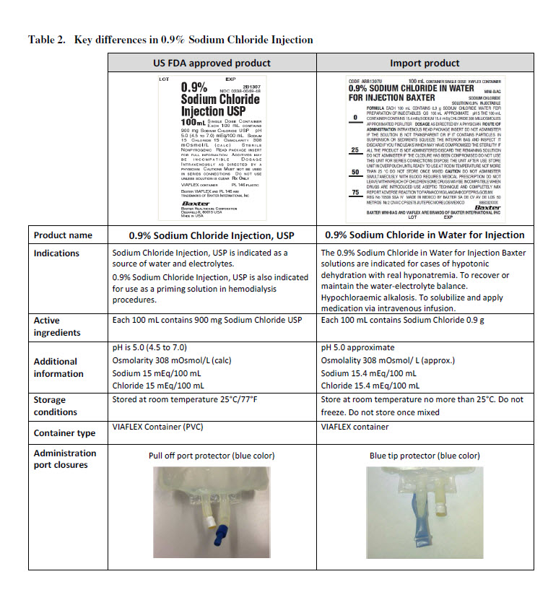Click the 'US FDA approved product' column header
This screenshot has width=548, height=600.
click(x=212, y=63)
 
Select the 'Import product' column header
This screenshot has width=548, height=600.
click(x=425, y=63)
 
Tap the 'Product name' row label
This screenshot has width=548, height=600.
click(x=64, y=235)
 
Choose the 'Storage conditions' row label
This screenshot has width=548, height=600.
click(x=55, y=406)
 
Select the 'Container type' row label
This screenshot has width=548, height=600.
click(x=64, y=433)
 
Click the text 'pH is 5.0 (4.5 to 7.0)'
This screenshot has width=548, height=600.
click(x=153, y=347)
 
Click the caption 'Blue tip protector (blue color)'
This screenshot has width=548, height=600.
click(x=425, y=456)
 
